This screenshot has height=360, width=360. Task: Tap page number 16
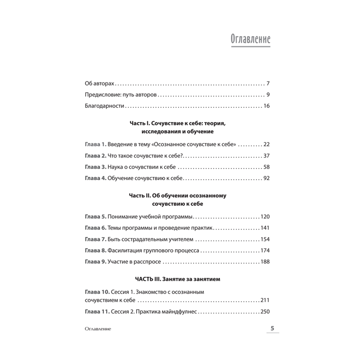pos(267,106)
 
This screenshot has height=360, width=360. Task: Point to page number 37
pos(266,156)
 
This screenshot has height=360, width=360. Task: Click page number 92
pos(266,178)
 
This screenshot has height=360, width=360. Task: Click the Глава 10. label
pos(96,292)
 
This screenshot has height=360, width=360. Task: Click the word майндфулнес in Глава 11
pos(180,312)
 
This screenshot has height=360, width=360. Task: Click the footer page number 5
pos(272,328)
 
